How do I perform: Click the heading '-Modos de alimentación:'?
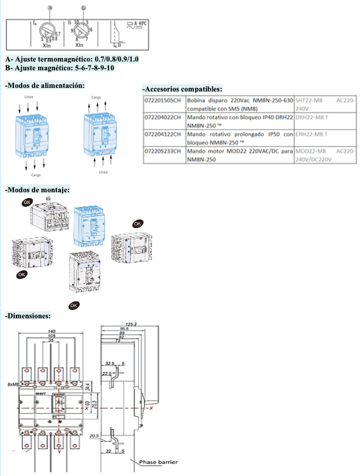point(45,86)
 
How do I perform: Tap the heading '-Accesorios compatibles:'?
point(182,89)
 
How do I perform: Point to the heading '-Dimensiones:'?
point(28,317)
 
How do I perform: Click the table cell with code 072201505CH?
point(164,100)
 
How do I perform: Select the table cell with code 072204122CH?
point(164,134)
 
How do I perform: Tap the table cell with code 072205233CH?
point(164,151)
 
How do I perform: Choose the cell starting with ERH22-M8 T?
point(311,134)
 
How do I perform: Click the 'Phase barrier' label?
point(158,462)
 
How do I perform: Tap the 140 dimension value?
point(51,332)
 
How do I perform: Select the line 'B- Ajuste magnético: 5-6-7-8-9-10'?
point(59,68)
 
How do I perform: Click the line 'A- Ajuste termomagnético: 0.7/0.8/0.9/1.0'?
point(72,59)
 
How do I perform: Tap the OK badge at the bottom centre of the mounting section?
point(74,305)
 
